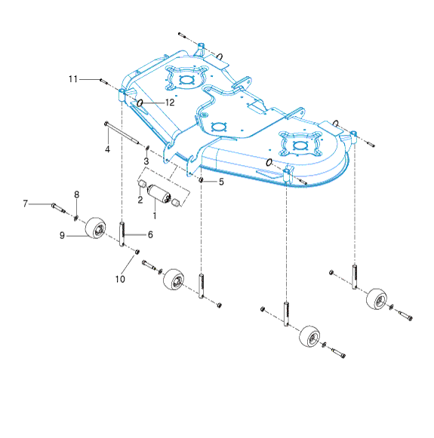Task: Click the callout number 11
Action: click(73, 79)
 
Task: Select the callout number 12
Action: click(170, 103)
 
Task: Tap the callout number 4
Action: click(107, 149)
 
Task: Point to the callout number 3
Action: click(146, 161)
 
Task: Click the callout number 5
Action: click(221, 182)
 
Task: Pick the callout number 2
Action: click(140, 200)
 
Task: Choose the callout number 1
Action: click(155, 216)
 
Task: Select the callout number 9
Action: click(62, 235)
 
